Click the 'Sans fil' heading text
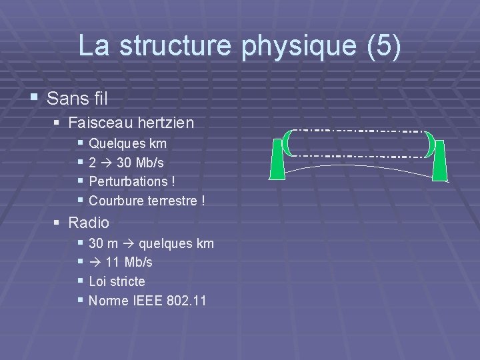[77, 99]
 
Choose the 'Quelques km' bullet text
[127, 143]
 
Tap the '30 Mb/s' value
[140, 162]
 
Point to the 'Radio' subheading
[89, 223]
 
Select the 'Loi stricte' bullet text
[117, 281]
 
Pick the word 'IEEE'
[145, 301]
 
